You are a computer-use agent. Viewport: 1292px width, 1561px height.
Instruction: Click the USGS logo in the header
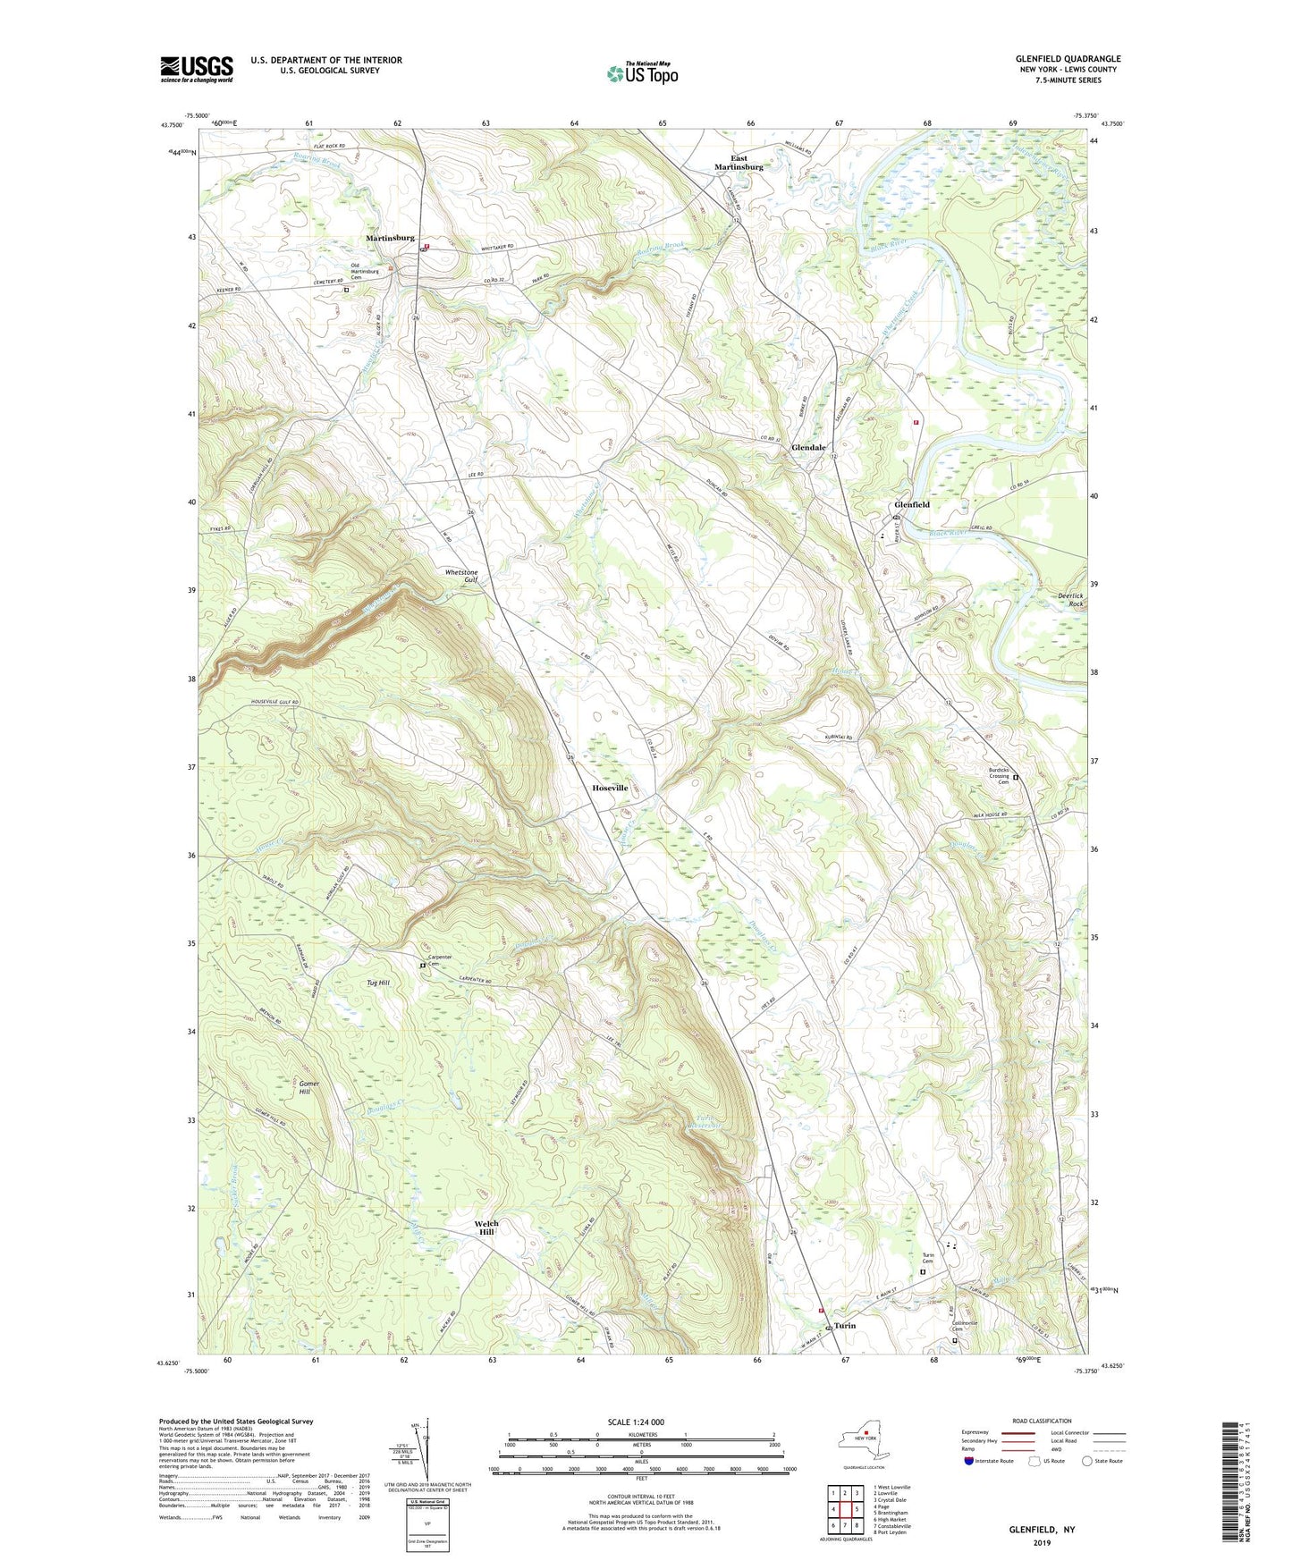tap(197, 69)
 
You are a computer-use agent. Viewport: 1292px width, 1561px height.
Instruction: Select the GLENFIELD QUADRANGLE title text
tap(1068, 59)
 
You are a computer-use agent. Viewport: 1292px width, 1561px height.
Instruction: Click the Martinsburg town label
tap(390, 238)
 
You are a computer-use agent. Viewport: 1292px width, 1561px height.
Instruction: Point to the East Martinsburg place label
tap(739, 163)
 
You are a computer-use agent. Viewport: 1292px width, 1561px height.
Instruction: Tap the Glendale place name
tap(808, 447)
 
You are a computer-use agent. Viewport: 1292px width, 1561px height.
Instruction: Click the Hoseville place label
tap(610, 788)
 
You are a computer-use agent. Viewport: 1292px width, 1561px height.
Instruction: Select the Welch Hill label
tap(486, 1228)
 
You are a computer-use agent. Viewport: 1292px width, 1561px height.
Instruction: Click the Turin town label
tap(845, 1325)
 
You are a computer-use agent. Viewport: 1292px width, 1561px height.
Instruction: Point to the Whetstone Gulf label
tap(461, 576)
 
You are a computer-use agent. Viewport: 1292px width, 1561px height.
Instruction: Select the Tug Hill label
tap(378, 983)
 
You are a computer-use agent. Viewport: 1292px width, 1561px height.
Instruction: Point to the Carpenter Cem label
tap(439, 960)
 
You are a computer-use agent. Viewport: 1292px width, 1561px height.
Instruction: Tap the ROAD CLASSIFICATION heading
tap(1043, 1421)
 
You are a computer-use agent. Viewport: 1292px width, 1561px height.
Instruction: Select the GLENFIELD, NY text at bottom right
tap(1042, 1530)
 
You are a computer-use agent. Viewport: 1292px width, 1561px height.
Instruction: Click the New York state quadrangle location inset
tap(862, 1440)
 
